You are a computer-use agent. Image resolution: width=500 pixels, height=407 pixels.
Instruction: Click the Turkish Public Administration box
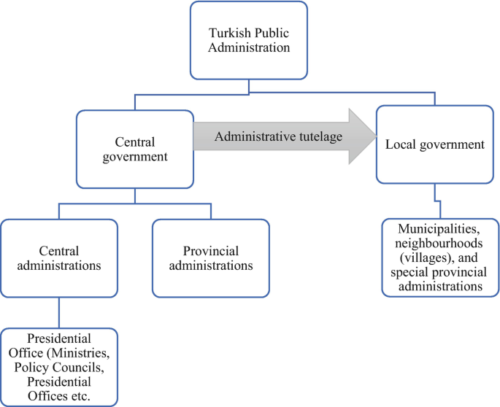pos(249,39)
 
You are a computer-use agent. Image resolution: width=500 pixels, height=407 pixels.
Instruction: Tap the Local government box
pos(435,144)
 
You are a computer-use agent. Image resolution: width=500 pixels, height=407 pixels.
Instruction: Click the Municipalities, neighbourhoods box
pos(440,255)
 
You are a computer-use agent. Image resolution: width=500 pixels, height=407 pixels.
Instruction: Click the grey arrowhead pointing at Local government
pos(358,136)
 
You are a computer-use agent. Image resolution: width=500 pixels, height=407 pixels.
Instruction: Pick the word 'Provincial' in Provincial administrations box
pos(210,249)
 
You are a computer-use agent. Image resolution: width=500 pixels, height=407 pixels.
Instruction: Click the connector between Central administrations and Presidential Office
pos(59,314)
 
